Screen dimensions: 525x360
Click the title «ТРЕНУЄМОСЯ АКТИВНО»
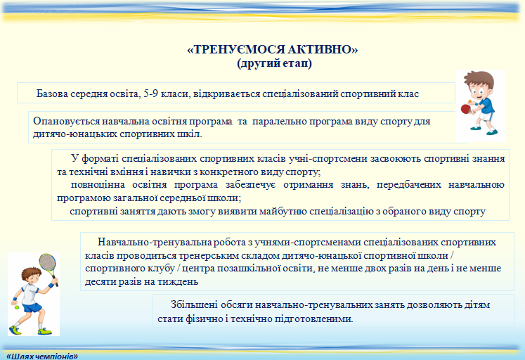coord(272,49)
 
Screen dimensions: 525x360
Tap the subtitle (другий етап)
coord(274,63)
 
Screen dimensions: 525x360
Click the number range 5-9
coord(150,94)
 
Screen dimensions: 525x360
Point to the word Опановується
coord(66,121)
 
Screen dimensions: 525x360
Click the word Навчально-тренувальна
coord(155,242)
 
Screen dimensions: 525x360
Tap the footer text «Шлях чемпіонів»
coord(42,356)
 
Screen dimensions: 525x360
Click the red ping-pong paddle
coord(466,109)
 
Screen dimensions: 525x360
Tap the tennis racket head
coord(47,263)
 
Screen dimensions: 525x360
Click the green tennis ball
coord(17,307)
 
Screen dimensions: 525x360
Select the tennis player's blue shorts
coord(32,307)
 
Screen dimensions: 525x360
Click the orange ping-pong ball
coord(469,101)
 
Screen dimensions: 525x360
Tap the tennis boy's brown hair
coord(31,273)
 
